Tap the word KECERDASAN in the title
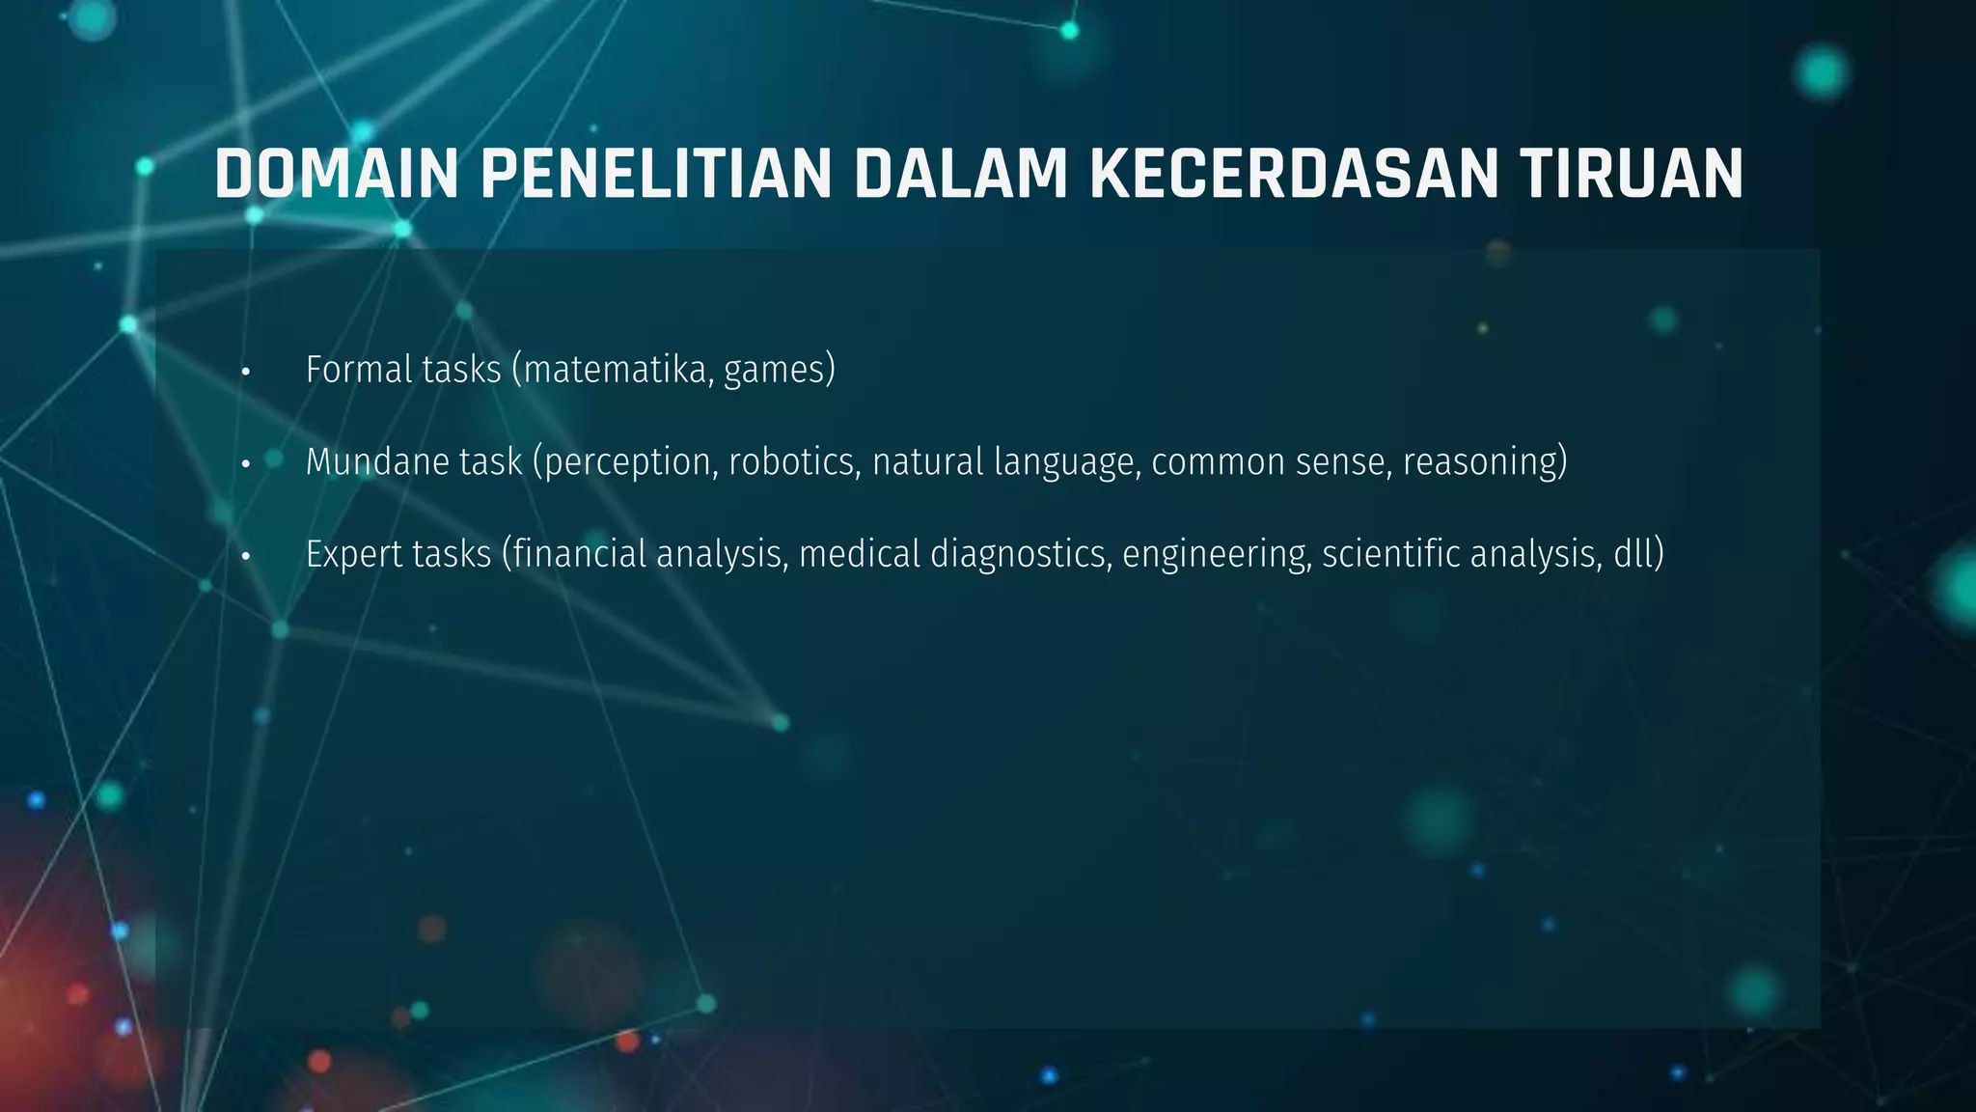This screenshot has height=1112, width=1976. coord(1293,175)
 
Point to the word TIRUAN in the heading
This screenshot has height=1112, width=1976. coord(1631,175)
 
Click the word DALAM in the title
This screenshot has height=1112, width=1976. coord(961,175)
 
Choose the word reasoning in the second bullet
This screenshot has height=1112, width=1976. coord(1480,463)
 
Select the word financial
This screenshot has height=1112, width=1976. coord(579,554)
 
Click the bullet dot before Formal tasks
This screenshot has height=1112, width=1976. coord(246,372)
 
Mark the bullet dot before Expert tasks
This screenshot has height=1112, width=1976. coord(246,556)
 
